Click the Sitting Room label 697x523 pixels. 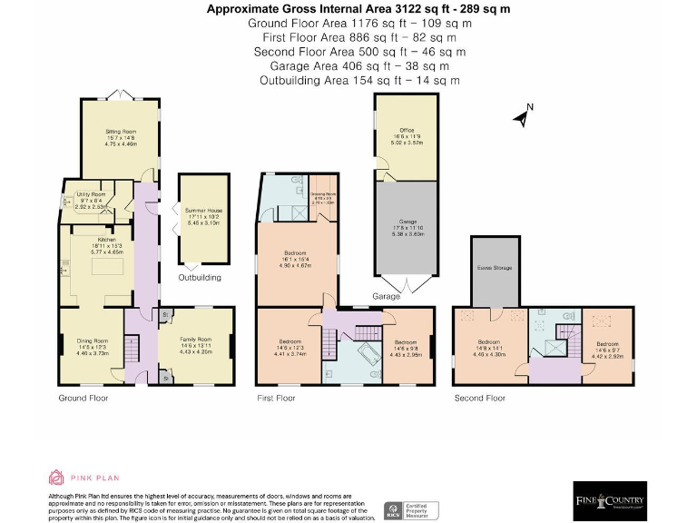coord(120,137)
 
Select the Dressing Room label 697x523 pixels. coord(324,197)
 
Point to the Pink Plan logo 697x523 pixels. coord(83,478)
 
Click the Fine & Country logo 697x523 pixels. coord(610,501)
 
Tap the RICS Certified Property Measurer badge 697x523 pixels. coord(411,510)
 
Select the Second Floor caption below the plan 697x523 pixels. coord(480,398)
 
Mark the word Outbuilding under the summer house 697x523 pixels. coord(199,277)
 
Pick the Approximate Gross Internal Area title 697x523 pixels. coord(359,9)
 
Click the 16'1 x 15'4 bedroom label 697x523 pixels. coord(295,259)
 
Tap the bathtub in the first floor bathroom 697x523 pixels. coord(370,356)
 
